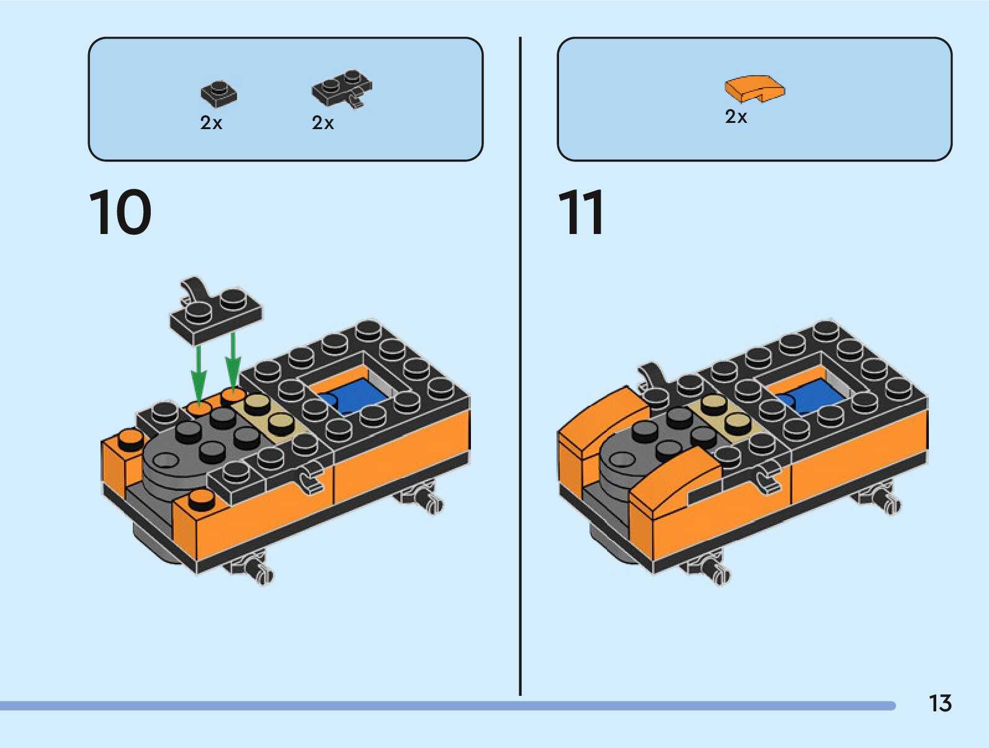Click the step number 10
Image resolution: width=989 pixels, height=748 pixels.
click(120, 212)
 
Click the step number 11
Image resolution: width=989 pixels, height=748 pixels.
click(581, 212)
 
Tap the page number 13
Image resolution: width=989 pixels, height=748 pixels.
click(939, 703)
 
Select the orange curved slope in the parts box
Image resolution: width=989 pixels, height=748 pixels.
click(754, 88)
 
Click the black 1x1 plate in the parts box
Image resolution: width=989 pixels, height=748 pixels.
click(218, 93)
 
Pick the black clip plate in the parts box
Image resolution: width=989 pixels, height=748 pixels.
click(342, 89)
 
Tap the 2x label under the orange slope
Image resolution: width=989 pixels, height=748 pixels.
click(736, 117)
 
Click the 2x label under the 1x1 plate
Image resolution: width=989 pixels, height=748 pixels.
click(211, 123)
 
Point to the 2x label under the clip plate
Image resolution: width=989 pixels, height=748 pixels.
click(323, 123)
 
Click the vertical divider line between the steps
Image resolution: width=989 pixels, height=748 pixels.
click(520, 366)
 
